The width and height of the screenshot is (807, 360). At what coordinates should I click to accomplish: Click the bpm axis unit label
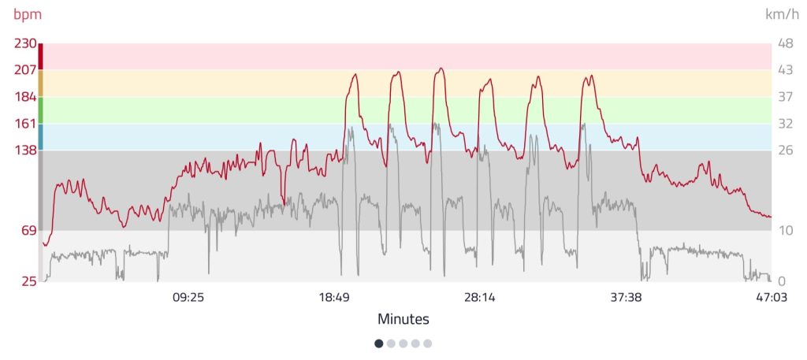[x=28, y=14]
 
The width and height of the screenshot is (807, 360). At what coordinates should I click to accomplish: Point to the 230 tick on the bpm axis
[x=25, y=44]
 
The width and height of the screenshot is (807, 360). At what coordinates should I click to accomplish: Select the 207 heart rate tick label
[x=25, y=70]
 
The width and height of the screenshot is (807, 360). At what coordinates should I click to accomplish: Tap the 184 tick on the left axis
[x=25, y=97]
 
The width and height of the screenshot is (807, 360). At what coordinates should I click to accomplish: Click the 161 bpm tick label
[x=25, y=124]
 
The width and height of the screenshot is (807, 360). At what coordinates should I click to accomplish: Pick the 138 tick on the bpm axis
[x=25, y=150]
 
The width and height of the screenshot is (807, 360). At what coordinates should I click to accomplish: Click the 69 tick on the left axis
[x=28, y=230]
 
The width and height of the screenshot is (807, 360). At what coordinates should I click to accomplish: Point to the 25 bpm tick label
[x=28, y=281]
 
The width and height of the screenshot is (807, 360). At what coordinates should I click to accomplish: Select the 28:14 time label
[x=480, y=298]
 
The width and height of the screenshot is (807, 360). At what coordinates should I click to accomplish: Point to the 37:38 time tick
[x=626, y=298]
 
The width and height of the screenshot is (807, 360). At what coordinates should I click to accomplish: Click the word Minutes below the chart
[x=403, y=319]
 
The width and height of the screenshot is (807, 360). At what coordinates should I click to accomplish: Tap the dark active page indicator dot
[x=379, y=343]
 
